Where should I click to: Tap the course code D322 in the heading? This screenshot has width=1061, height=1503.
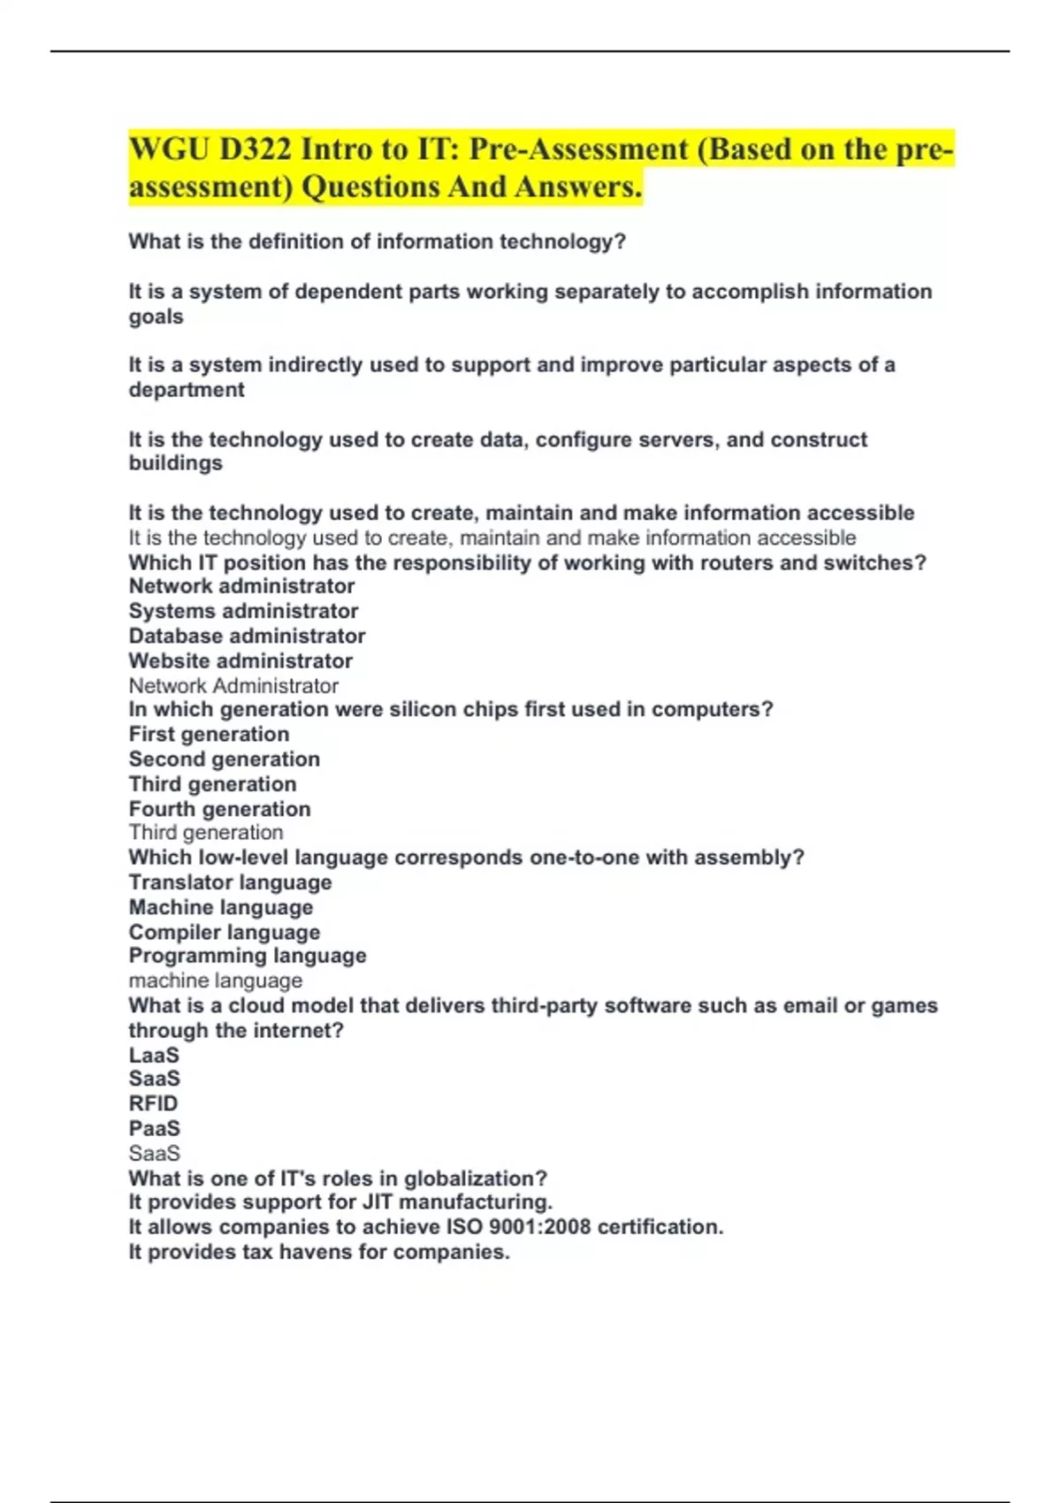tap(255, 149)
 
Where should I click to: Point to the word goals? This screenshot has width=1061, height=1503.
tap(156, 317)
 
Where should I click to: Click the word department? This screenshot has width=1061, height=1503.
tap(187, 390)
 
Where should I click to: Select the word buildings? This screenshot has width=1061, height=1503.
tap(176, 463)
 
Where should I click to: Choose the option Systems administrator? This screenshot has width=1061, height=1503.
tap(243, 611)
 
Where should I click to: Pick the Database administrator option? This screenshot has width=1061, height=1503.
tap(247, 636)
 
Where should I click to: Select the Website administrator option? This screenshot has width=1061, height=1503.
tap(240, 660)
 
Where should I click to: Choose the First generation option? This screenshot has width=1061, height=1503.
tap(209, 734)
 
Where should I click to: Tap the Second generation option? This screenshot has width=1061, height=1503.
tap(225, 759)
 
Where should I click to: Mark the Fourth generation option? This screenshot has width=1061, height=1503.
tap(219, 809)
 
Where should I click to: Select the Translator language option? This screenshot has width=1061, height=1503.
tap(230, 882)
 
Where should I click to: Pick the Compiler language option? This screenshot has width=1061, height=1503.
tap(225, 932)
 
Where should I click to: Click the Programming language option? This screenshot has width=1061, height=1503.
tap(248, 956)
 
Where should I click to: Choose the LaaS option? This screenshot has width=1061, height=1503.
tap(154, 1055)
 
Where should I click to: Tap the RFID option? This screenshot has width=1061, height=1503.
tap(153, 1103)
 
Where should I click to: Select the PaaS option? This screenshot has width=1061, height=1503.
tap(154, 1128)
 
